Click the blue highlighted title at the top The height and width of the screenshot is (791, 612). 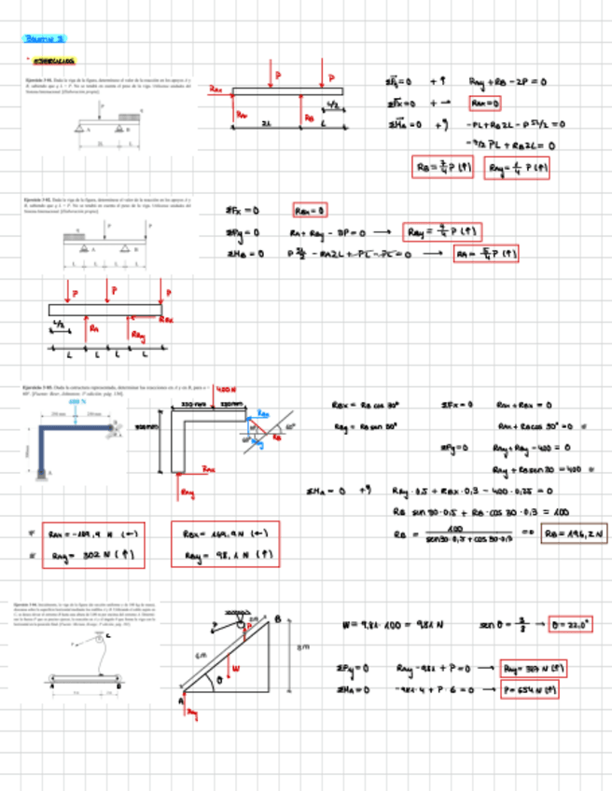pos(44,39)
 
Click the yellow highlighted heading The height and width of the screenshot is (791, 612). pos(53,62)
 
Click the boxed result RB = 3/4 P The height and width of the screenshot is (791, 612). pos(445,168)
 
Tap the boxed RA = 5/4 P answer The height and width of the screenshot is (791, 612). pos(486,253)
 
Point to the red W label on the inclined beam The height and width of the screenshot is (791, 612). pos(237,668)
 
